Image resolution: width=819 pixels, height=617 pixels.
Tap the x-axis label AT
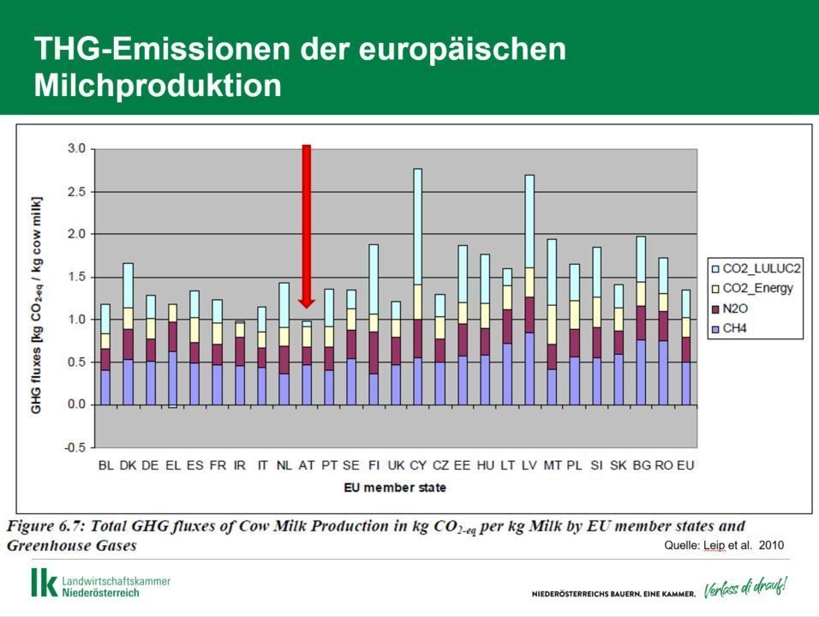click(x=307, y=465)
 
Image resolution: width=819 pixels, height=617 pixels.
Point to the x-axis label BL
click(x=106, y=465)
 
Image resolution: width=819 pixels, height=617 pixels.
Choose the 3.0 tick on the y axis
click(x=76, y=149)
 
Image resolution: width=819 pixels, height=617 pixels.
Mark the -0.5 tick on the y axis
click(x=76, y=447)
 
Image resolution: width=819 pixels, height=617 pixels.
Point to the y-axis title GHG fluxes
click(x=37, y=304)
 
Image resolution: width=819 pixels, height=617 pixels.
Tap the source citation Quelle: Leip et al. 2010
click(x=724, y=545)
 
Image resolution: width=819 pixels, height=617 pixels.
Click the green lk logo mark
click(x=44, y=582)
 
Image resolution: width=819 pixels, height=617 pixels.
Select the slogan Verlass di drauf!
click(x=744, y=589)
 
